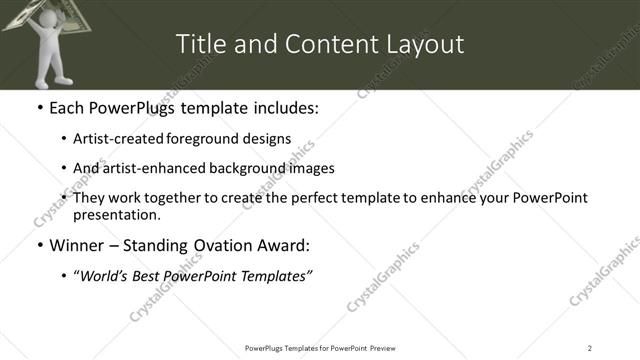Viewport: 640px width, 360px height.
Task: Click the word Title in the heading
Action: [x=199, y=45]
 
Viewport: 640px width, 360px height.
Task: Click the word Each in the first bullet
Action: [x=68, y=108]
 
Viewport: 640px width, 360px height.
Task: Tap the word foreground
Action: [x=216, y=139]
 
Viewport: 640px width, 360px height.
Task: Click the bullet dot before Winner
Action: [x=39, y=246]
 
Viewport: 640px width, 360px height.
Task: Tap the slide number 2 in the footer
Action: [x=590, y=347]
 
